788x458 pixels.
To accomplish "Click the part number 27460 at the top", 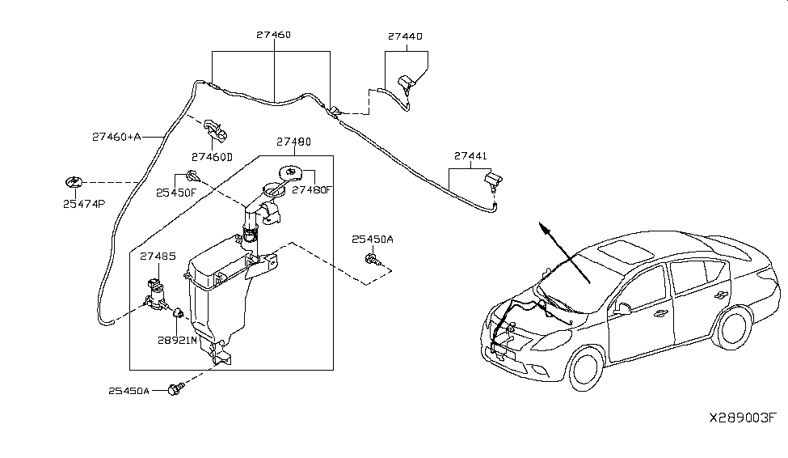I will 274,36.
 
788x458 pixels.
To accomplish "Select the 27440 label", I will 406,36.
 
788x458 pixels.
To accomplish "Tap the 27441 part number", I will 470,155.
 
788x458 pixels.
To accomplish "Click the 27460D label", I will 212,156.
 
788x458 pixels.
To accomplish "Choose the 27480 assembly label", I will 293,142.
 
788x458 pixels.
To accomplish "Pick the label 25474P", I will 84,204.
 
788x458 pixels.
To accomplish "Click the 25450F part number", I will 177,193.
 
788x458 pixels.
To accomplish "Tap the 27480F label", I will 311,190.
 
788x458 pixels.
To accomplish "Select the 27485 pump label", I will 158,256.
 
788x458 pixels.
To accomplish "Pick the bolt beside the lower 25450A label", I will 173,390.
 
